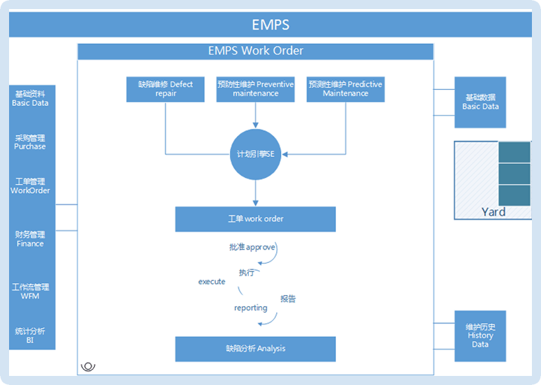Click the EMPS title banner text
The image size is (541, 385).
(x=270, y=25)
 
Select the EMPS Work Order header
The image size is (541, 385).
(x=255, y=51)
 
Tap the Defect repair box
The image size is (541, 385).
(x=165, y=89)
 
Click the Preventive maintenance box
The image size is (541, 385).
(x=255, y=89)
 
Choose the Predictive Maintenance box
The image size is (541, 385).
(x=345, y=89)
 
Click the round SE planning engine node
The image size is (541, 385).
(x=255, y=154)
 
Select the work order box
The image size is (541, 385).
(x=255, y=219)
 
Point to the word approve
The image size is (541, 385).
(x=261, y=248)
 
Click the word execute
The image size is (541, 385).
(x=212, y=282)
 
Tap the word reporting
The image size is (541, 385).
(x=250, y=308)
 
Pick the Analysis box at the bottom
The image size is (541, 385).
(x=255, y=349)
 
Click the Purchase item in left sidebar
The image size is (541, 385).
(x=30, y=142)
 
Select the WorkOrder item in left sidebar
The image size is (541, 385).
(x=30, y=186)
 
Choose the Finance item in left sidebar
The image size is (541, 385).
(x=30, y=239)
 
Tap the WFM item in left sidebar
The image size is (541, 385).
(x=30, y=292)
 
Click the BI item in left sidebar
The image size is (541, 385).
(x=30, y=335)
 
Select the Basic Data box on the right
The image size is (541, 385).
(x=480, y=103)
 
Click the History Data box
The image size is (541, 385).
(x=480, y=335)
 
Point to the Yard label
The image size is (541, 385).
(x=493, y=212)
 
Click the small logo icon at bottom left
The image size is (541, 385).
(x=89, y=365)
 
